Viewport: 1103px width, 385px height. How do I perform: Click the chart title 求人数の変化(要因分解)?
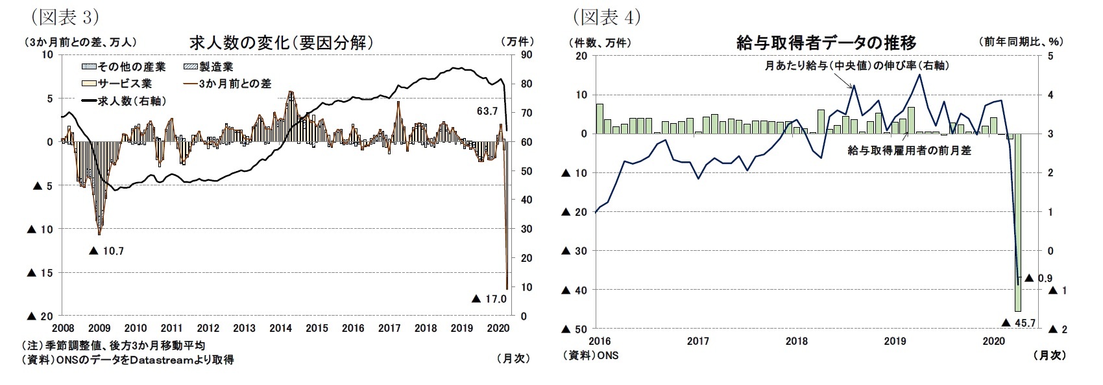(x=281, y=43)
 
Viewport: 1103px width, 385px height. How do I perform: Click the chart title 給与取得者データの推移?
(x=827, y=43)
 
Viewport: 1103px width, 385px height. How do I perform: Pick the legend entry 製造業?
(x=208, y=67)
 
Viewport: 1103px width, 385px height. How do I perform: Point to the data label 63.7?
(x=487, y=111)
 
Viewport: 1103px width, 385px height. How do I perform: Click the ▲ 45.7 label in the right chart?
(x=1020, y=323)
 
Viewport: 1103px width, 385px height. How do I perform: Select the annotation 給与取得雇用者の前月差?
(x=909, y=150)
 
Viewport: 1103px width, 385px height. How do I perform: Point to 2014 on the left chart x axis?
(x=280, y=328)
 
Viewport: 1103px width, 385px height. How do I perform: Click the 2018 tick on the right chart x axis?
(x=796, y=341)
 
